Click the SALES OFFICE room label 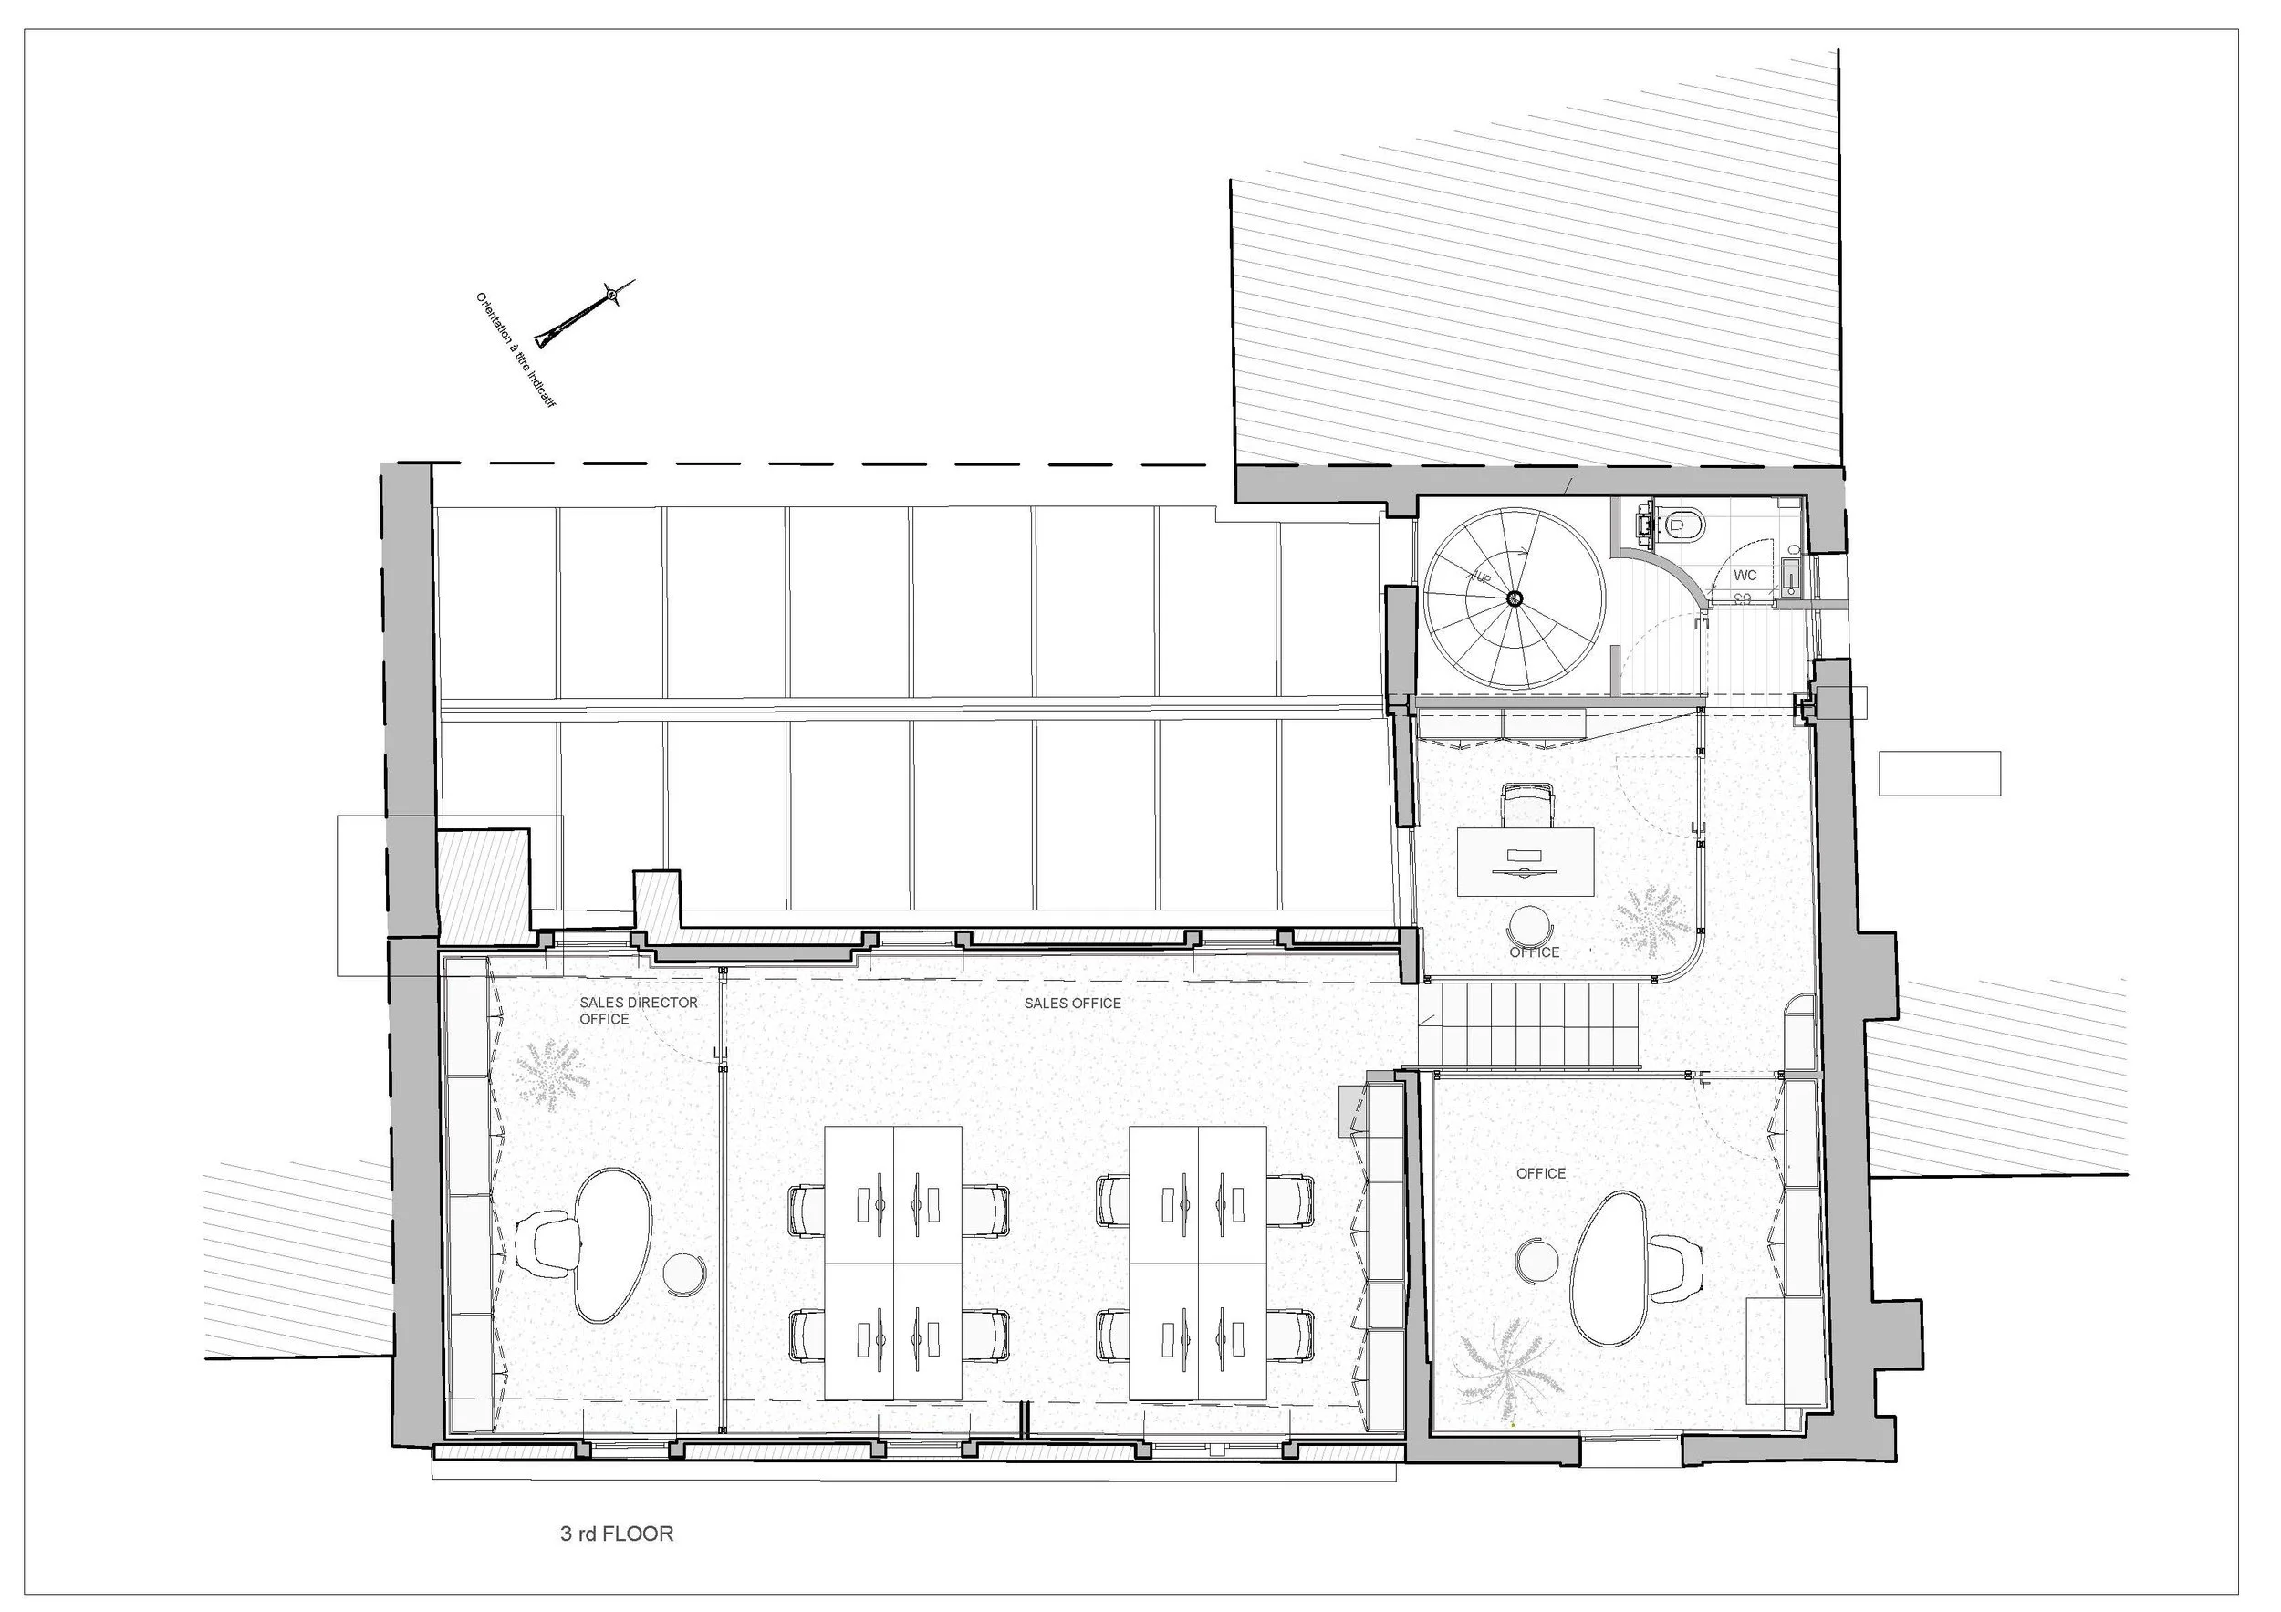[x=1072, y=1004]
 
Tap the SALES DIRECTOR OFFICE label [x=639, y=1010]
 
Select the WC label [x=1745, y=575]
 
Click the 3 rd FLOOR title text [x=617, y=1534]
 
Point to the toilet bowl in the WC [x=1686, y=520]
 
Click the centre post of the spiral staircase [x=1514, y=597]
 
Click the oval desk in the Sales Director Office [x=614, y=1244]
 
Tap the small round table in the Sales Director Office [x=684, y=1274]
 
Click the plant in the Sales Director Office [x=551, y=1074]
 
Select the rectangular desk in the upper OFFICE [x=1525, y=861]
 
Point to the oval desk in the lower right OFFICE [x=1609, y=1268]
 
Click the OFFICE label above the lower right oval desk [x=1541, y=1173]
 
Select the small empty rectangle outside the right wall [x=1939, y=773]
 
